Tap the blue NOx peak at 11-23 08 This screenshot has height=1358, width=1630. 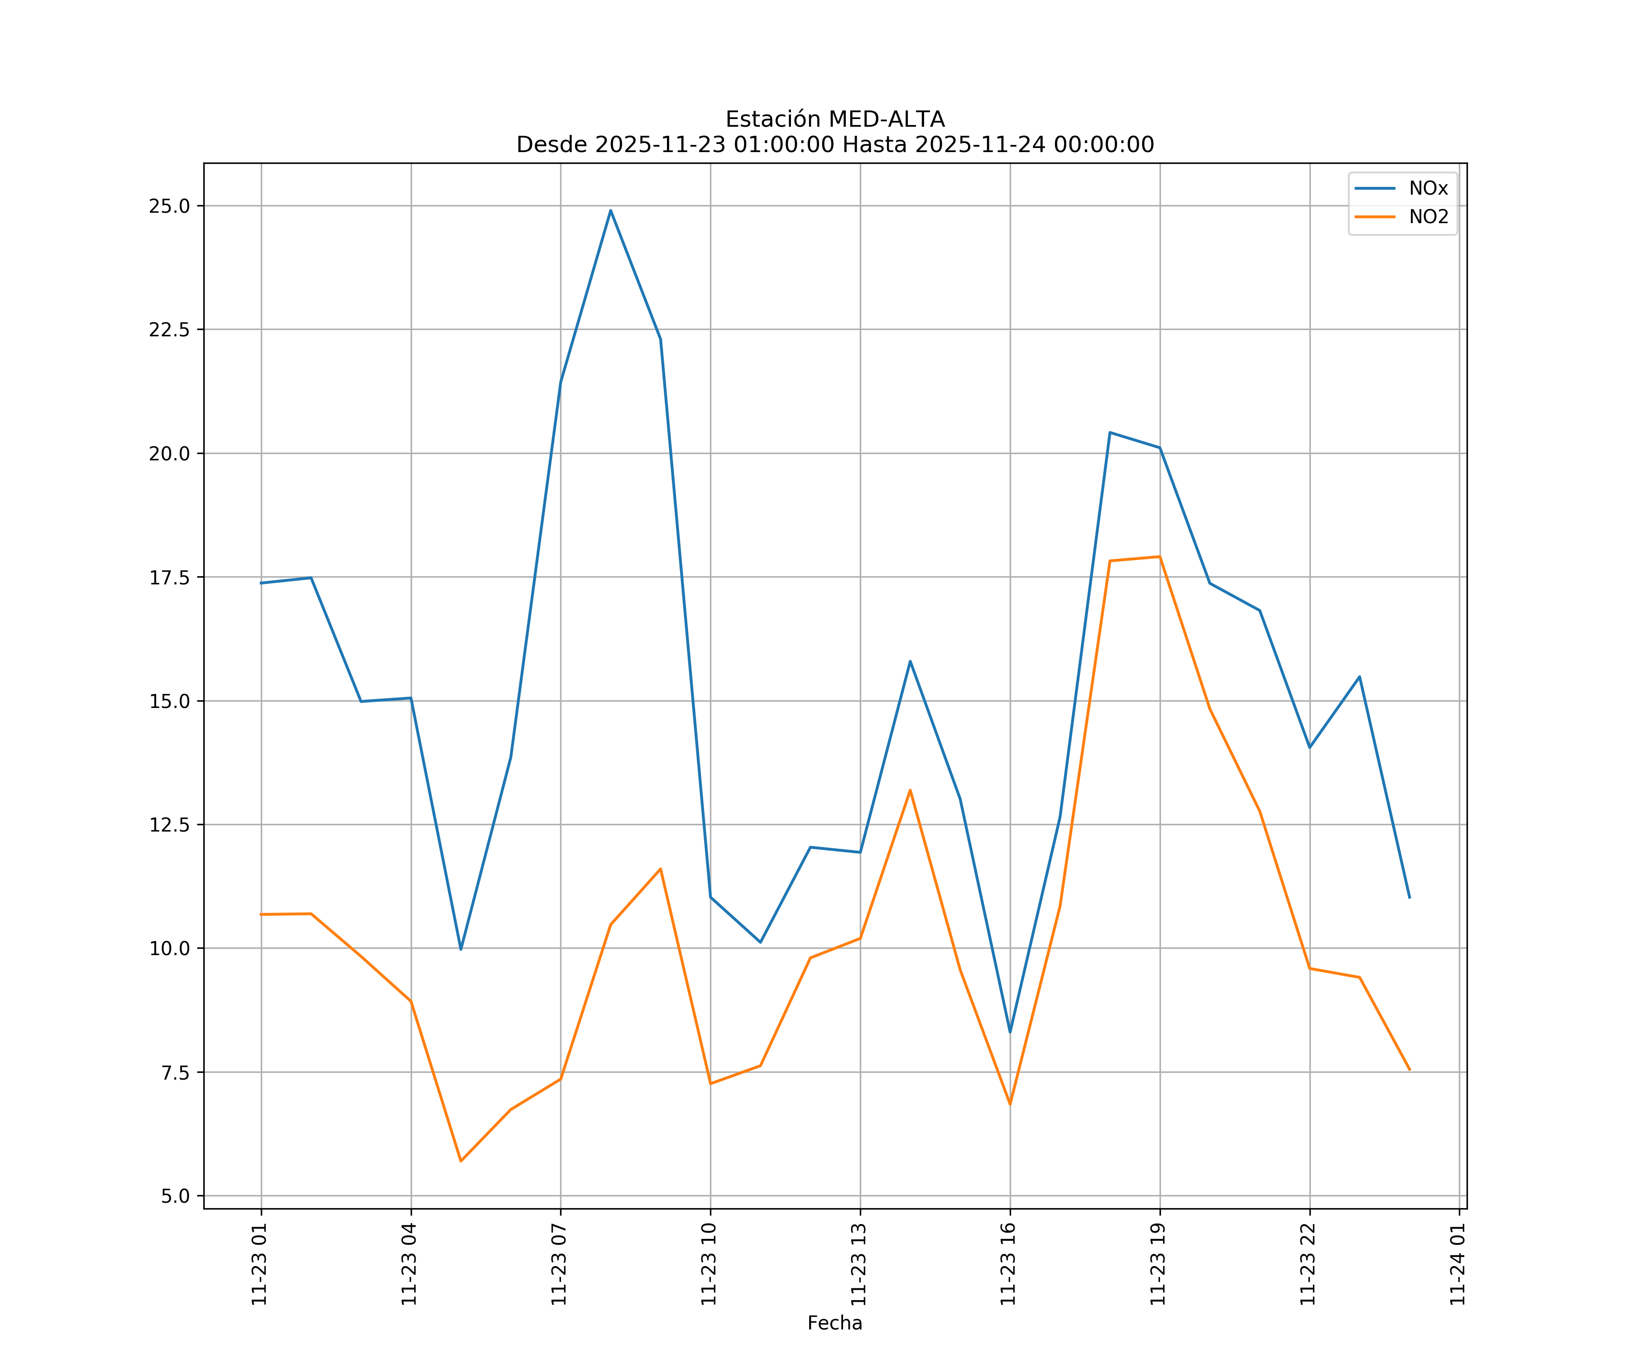(611, 210)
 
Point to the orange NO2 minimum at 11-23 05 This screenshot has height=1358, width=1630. (461, 1161)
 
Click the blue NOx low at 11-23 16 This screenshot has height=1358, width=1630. (1010, 1031)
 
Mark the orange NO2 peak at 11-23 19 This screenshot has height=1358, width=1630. (1160, 556)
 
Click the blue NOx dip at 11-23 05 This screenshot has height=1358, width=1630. (461, 949)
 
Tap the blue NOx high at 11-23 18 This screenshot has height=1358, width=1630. (1110, 432)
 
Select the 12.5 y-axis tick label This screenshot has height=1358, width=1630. (169, 825)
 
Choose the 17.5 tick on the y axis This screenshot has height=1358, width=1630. (169, 577)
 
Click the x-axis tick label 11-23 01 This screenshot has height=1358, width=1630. (259, 1264)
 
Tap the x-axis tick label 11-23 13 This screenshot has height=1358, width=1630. (858, 1264)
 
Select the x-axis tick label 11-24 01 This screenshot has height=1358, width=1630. (1457, 1264)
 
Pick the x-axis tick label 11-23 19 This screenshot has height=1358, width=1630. (1158, 1264)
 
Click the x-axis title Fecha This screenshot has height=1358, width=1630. (834, 1323)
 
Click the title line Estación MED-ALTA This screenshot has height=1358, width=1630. (834, 120)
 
